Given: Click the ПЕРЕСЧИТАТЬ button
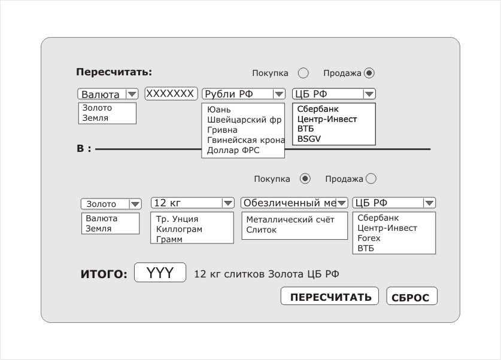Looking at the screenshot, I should click(330, 297).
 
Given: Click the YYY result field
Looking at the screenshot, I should click(160, 273).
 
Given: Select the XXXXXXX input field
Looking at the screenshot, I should click(171, 94).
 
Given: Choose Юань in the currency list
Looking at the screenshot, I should click(219, 109).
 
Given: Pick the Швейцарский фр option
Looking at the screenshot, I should click(244, 120).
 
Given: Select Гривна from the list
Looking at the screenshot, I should click(223, 130).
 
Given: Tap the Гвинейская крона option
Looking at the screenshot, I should click(245, 140).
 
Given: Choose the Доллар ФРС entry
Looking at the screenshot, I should click(233, 150).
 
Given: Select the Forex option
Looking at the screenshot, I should click(369, 238).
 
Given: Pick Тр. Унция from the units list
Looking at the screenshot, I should click(177, 219).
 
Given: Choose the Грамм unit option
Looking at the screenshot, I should click(169, 239).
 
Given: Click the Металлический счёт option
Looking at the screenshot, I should click(290, 219).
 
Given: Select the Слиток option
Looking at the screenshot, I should click(262, 230).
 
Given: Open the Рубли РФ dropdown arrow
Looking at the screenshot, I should click(278, 94).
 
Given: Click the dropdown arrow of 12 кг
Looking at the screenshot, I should click(227, 203).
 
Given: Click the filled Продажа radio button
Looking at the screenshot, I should click(369, 73).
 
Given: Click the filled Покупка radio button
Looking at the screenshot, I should click(305, 178).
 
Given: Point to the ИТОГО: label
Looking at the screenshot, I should click(104, 274).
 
